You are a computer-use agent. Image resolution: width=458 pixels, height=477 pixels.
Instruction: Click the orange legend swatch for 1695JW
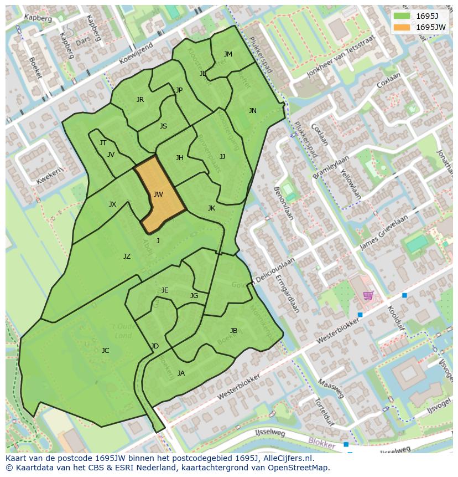[x=402, y=27]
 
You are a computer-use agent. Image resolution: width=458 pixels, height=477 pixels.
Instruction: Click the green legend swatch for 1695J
[x=402, y=16]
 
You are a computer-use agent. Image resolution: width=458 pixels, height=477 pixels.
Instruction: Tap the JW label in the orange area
[x=158, y=194]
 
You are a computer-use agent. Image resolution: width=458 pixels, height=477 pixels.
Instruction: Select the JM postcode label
[x=228, y=54]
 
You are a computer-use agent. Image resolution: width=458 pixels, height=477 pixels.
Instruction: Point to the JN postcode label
[x=253, y=111]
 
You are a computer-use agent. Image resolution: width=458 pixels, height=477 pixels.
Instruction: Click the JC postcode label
[x=106, y=350]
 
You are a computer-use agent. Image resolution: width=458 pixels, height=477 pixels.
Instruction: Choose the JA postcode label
[x=181, y=373]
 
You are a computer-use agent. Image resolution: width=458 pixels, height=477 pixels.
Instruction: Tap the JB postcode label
[x=233, y=331]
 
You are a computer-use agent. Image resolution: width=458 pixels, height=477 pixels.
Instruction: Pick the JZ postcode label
[x=127, y=257]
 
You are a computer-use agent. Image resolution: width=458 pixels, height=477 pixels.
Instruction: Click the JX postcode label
[x=112, y=204]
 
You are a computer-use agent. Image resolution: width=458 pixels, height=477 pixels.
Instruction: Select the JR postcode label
[x=140, y=100]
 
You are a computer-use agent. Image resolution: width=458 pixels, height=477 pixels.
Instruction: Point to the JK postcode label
[x=211, y=208]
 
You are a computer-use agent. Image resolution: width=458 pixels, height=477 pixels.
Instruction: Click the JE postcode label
[x=165, y=290]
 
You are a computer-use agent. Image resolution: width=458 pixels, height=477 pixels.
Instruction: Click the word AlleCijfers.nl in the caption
[x=288, y=459]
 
